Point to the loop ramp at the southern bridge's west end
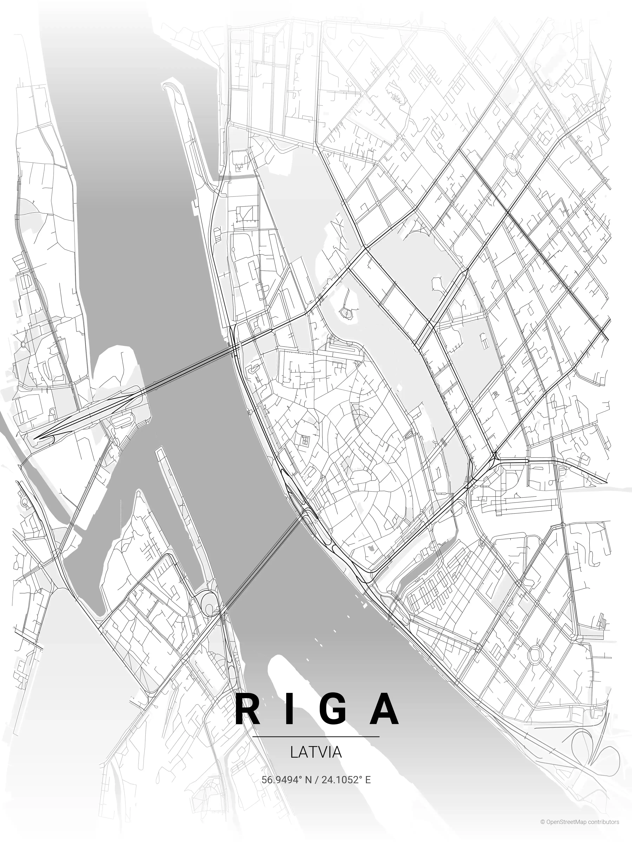(208, 600)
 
